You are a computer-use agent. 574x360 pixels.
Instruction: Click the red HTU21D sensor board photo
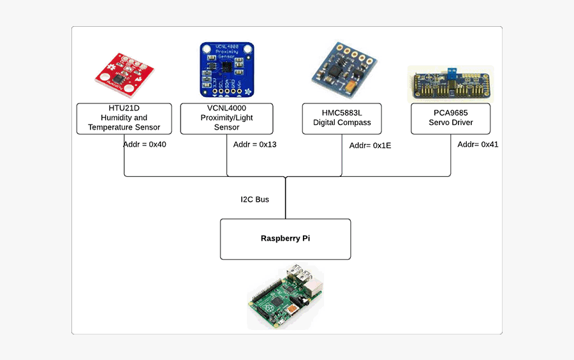click(x=124, y=76)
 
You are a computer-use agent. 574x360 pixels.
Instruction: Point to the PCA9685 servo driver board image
click(x=451, y=84)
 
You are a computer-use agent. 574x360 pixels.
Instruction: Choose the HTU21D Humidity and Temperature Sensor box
click(x=124, y=118)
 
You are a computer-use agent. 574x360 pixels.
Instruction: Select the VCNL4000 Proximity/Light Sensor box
click(x=226, y=118)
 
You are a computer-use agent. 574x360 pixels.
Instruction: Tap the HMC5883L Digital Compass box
click(x=342, y=118)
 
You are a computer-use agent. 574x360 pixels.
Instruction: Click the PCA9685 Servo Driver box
click(x=451, y=118)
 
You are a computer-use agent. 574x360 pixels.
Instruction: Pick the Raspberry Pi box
click(x=285, y=239)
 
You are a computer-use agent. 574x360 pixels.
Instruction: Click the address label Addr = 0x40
click(x=145, y=145)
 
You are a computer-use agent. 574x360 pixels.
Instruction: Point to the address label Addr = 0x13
click(x=255, y=145)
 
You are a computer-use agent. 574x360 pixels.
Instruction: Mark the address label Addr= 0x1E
click(x=371, y=146)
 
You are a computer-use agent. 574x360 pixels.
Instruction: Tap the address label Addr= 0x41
click(x=478, y=145)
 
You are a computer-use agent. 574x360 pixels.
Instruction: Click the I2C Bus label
click(x=254, y=200)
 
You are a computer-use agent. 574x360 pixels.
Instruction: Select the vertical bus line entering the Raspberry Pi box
click(x=285, y=201)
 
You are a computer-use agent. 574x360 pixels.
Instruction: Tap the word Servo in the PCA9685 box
click(x=439, y=123)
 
